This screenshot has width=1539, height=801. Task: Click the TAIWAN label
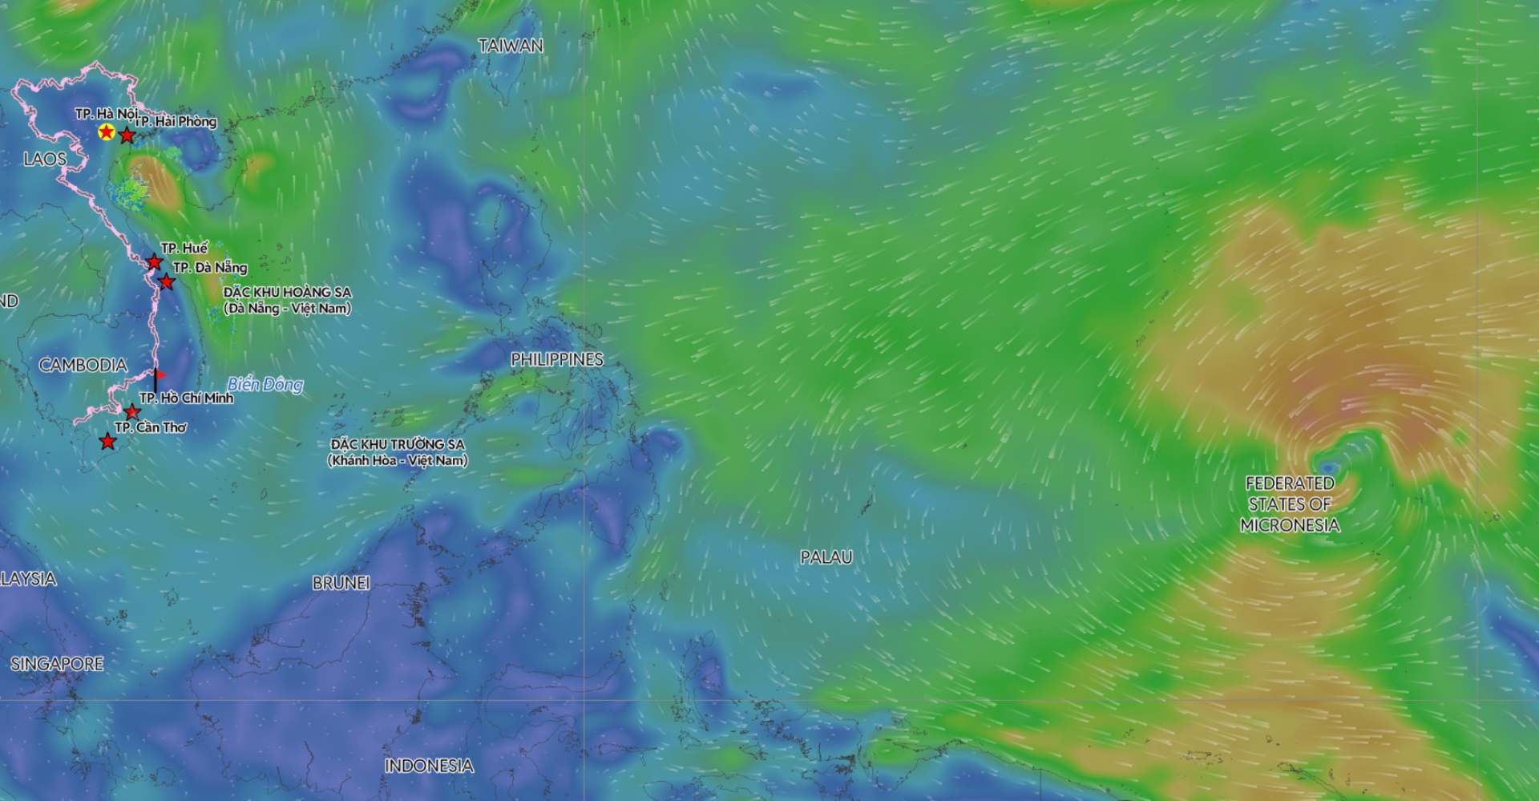[x=511, y=47]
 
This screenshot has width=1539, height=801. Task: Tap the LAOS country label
[x=45, y=159]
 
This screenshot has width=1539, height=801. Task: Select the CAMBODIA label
[x=83, y=366]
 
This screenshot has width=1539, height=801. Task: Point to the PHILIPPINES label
[x=557, y=360]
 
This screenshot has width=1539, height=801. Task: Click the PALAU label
[x=826, y=557]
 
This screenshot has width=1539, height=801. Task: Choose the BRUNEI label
[x=341, y=584]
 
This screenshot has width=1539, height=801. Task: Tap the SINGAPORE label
[x=57, y=664]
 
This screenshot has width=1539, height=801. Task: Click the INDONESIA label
[x=429, y=766]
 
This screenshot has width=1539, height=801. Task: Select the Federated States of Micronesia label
[x=1290, y=504]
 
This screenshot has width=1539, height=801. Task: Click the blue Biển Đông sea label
[x=265, y=385]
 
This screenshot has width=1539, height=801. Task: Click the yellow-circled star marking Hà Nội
[x=106, y=132]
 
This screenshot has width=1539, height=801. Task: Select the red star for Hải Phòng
[x=127, y=136]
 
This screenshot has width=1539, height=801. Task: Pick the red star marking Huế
[x=154, y=262]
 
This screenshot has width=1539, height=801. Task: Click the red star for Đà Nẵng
[x=166, y=281]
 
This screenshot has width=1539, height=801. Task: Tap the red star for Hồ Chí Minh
[x=133, y=413]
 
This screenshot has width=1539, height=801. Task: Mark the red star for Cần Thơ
[x=107, y=442]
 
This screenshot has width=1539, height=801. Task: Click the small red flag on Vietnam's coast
[x=160, y=375]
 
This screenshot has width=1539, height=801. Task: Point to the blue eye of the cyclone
[x=1328, y=467]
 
